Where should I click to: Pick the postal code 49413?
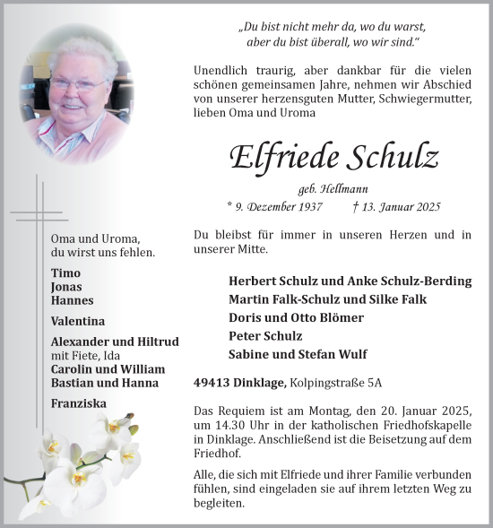(212, 383)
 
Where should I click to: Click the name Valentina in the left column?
(78, 321)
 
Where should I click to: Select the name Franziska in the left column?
(79, 403)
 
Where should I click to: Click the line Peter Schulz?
(267, 335)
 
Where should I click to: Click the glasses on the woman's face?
(79, 85)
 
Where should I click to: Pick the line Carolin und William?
(108, 369)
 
